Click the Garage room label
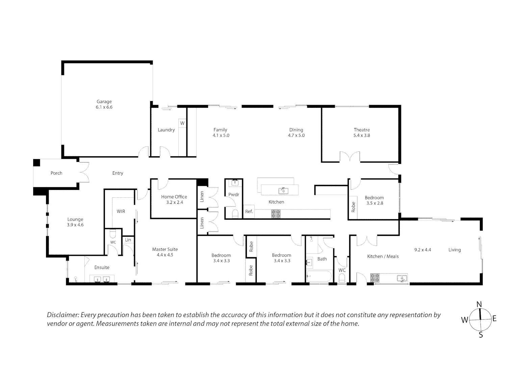(104, 101)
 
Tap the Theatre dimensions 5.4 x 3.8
(362, 135)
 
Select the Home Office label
(174, 197)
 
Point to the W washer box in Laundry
(182, 123)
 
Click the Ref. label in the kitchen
(249, 212)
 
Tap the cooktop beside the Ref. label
(276, 214)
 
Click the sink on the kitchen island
(283, 191)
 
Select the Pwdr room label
(234, 195)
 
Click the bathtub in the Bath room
(319, 276)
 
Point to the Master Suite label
(165, 249)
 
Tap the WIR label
(121, 211)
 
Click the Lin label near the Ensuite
(128, 240)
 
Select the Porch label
(56, 173)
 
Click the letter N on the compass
(479, 304)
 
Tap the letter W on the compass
(465, 320)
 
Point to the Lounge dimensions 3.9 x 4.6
(75, 225)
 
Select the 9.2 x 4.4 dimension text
(422, 250)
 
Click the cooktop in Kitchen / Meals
(375, 278)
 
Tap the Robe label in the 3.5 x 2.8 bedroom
(353, 206)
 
